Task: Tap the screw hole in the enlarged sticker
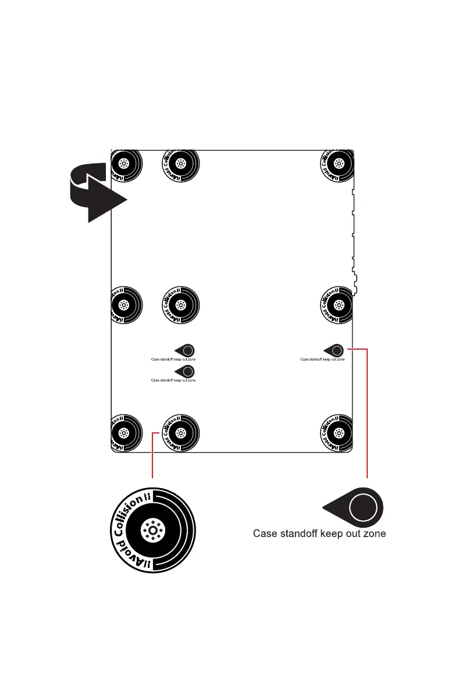click(153, 530)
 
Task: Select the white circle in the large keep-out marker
click(361, 507)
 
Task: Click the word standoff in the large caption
click(300, 534)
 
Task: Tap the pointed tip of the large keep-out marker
click(326, 507)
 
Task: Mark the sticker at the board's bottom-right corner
click(337, 433)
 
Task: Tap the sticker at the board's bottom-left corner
click(124, 433)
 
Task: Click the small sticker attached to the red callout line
click(180, 433)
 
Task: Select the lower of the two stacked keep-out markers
click(186, 371)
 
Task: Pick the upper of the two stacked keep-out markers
click(186, 351)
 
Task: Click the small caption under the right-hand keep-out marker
click(322, 360)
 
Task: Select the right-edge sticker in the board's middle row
click(337, 304)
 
